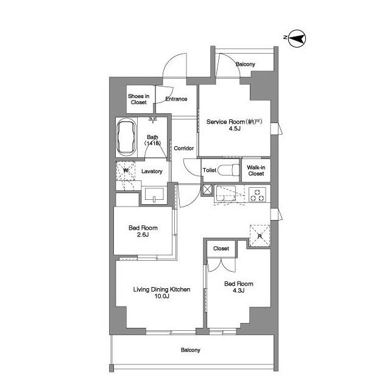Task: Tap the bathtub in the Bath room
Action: (126, 138)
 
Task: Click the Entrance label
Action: (176, 99)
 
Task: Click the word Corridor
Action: (183, 148)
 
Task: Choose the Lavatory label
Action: (152, 171)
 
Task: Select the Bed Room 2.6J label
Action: (139, 232)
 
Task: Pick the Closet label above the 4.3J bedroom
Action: (221, 249)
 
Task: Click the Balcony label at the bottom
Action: (190, 350)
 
